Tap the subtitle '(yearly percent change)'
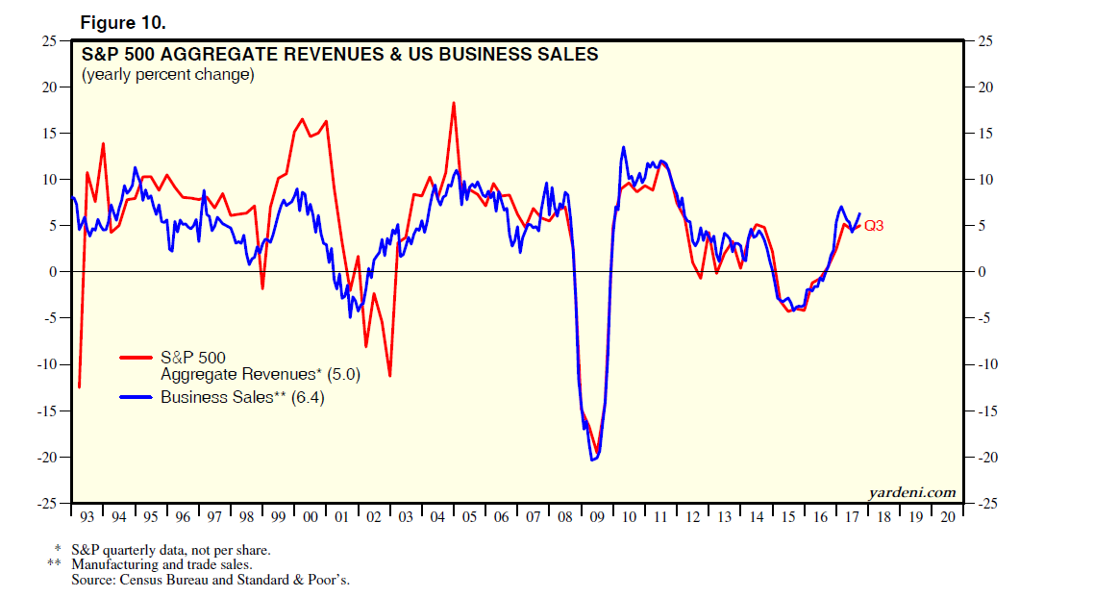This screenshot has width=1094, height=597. [x=167, y=75]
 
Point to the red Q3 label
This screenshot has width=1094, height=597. [x=874, y=226]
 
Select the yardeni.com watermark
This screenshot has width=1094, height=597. [x=912, y=492]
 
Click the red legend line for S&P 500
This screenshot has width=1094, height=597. [x=137, y=358]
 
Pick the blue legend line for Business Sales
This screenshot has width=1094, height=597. [x=137, y=397]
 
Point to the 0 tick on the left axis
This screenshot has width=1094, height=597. [x=54, y=272]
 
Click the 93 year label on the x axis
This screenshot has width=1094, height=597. [x=87, y=517]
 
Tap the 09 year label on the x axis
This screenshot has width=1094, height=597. [x=597, y=517]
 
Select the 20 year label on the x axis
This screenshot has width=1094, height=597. [x=948, y=517]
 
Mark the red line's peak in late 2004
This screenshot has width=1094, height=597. [x=453, y=103]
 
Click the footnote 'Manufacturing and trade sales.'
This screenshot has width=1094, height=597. [x=162, y=565]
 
